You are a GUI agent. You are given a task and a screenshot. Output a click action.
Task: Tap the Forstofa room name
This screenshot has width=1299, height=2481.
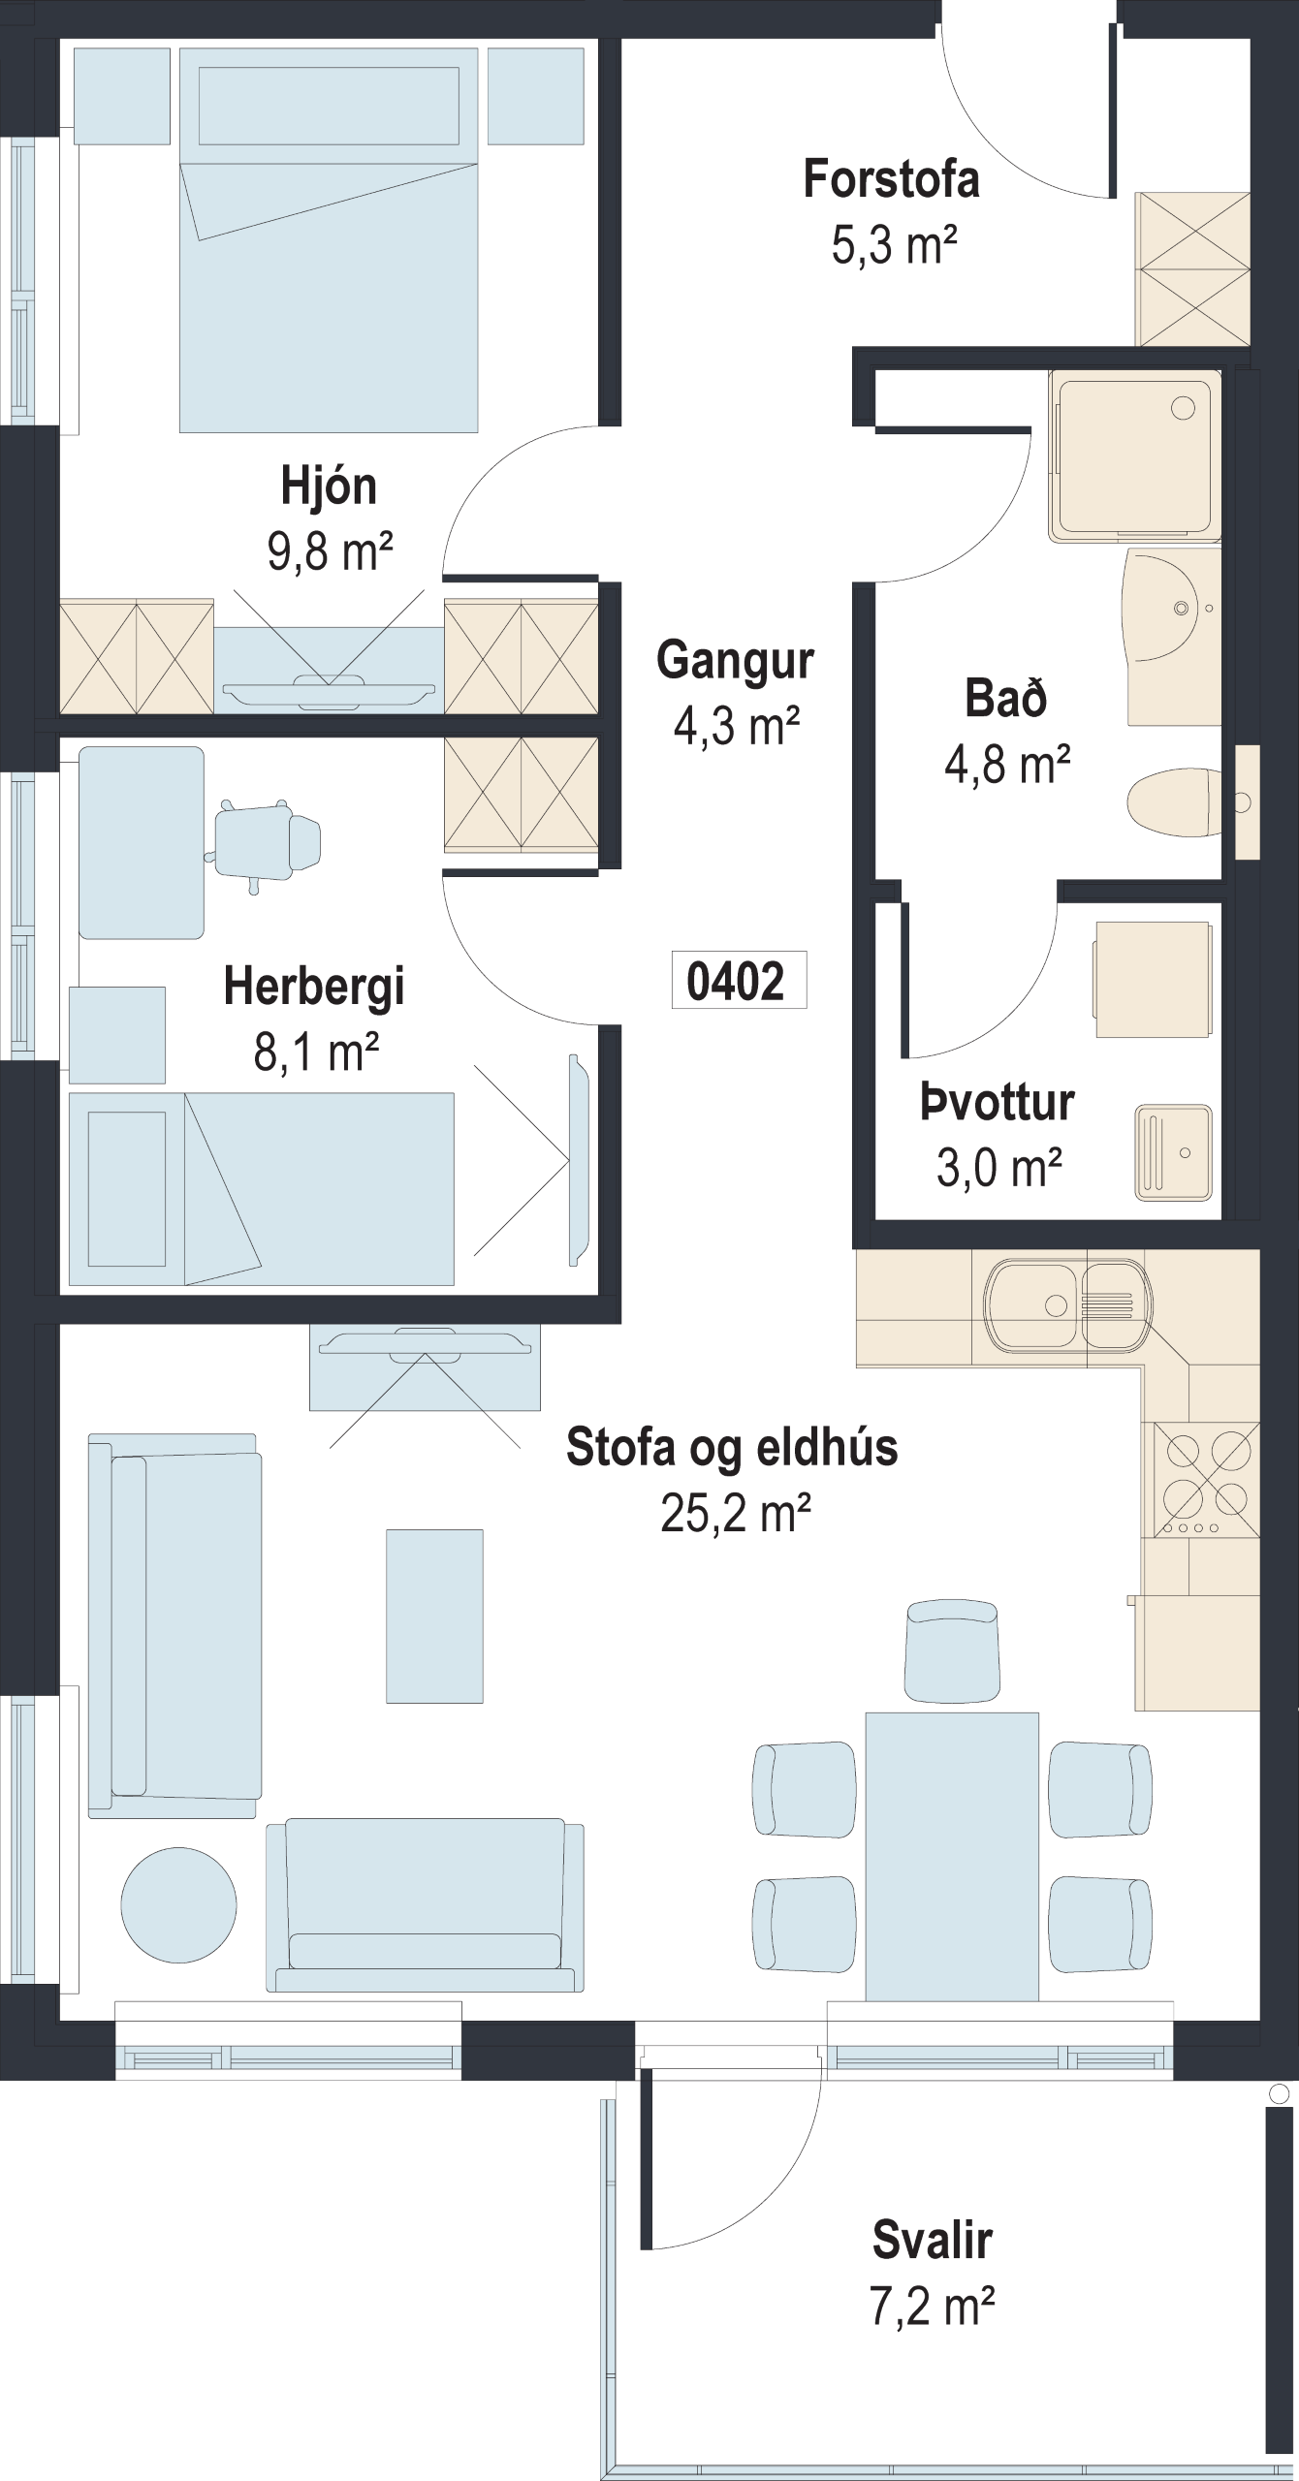[x=891, y=180]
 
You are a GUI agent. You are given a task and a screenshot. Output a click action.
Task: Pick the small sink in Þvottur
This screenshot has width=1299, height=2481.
[x=1173, y=1151]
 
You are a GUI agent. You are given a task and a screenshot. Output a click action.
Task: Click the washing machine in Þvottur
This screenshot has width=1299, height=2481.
[x=1153, y=979]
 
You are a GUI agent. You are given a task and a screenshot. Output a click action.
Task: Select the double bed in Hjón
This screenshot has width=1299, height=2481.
[x=329, y=240]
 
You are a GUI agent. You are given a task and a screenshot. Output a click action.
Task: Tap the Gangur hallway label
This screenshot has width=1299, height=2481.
[x=736, y=661]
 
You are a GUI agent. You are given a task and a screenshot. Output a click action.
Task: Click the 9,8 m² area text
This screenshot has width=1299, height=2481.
[x=331, y=550]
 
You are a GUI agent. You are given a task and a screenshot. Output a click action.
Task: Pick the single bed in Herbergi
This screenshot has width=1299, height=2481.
[x=262, y=1189]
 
